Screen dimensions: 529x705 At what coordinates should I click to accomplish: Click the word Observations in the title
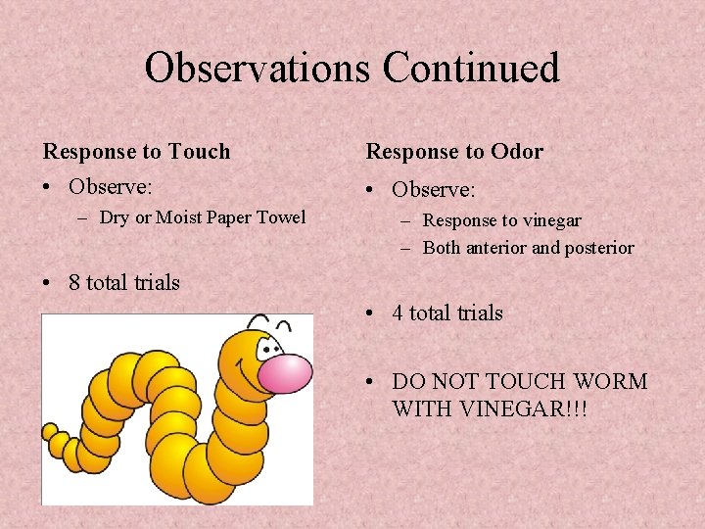coord(257,69)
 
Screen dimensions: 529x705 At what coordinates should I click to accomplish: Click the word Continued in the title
coord(471,69)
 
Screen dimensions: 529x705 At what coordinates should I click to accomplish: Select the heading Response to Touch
coord(136,152)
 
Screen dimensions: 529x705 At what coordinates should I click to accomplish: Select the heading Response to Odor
coord(454,152)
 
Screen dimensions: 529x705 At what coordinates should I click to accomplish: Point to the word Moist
coord(179,217)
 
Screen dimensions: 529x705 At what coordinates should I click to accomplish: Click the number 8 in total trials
coord(75,283)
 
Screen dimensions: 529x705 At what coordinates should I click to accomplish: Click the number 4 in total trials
coord(399,313)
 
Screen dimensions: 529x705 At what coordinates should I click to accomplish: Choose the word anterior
coord(501,249)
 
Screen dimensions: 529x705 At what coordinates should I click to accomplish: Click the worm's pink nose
coord(285,373)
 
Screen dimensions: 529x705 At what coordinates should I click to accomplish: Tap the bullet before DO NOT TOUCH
coord(371,382)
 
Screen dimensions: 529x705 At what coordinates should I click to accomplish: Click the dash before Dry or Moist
coord(84,217)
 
